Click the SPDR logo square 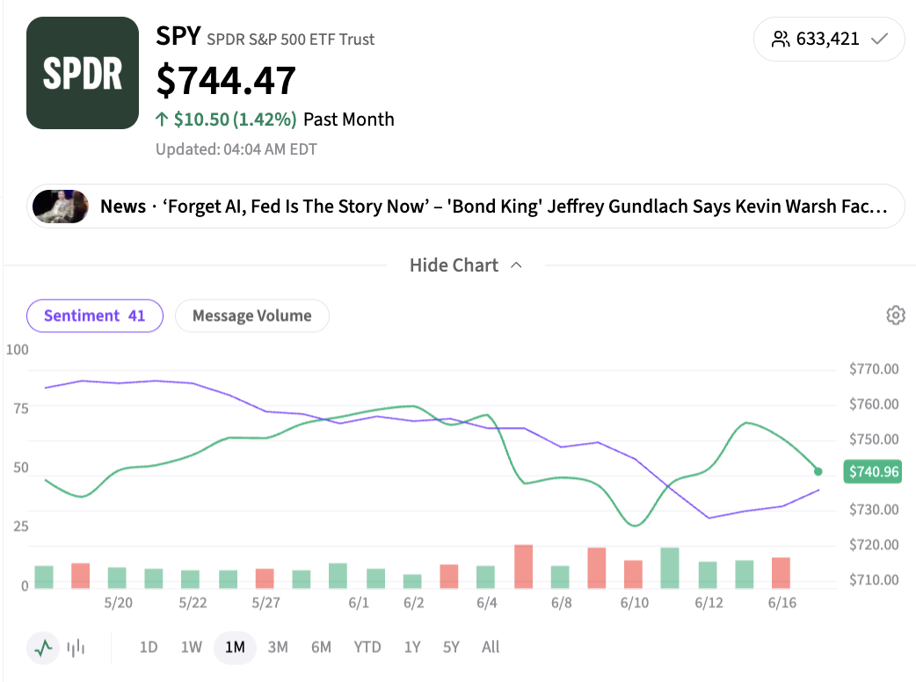pyautogui.click(x=83, y=73)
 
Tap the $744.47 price pyautogui.click(x=226, y=81)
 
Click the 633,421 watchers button pyautogui.click(x=829, y=40)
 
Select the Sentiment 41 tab pyautogui.click(x=95, y=316)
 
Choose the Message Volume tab pyautogui.click(x=251, y=316)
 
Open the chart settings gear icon pyautogui.click(x=896, y=316)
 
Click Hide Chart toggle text pyautogui.click(x=454, y=265)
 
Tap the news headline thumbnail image pyautogui.click(x=61, y=207)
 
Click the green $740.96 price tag pyautogui.click(x=872, y=471)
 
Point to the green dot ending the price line pyautogui.click(x=818, y=471)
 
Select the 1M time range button pyautogui.click(x=235, y=647)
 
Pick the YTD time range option pyautogui.click(x=367, y=647)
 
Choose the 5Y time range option pyautogui.click(x=451, y=647)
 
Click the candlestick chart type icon pyautogui.click(x=76, y=648)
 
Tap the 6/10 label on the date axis pyautogui.click(x=635, y=603)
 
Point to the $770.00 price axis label pyautogui.click(x=874, y=369)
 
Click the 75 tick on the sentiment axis pyautogui.click(x=21, y=408)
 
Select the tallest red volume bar pyautogui.click(x=523, y=566)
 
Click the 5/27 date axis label pyautogui.click(x=265, y=603)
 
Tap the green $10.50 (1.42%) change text pyautogui.click(x=235, y=120)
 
